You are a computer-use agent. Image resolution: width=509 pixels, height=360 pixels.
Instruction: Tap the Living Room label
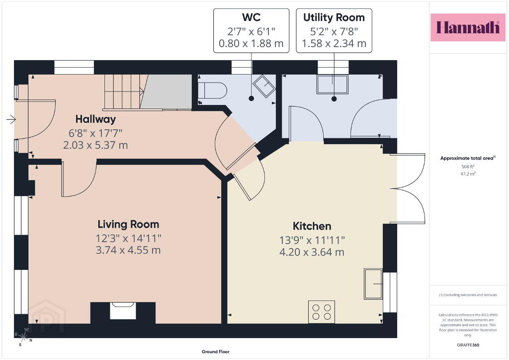pyautogui.click(x=128, y=224)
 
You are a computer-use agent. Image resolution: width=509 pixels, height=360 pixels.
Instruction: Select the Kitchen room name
pyautogui.click(x=312, y=226)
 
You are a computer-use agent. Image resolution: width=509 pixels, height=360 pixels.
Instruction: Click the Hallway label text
pyautogui.click(x=95, y=119)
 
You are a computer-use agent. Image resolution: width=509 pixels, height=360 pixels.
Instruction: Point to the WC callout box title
pyautogui.click(x=251, y=17)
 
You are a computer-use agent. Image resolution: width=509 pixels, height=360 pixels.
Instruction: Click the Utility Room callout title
pyautogui.click(x=334, y=17)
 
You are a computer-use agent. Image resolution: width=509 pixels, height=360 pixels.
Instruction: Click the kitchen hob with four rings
pyautogui.click(x=322, y=312)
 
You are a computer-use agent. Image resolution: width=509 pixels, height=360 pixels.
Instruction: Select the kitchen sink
pyautogui.click(x=373, y=284)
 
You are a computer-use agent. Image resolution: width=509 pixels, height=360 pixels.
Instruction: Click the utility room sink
pyautogui.click(x=333, y=84)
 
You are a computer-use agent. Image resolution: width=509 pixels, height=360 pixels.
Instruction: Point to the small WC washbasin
pyautogui.click(x=264, y=86)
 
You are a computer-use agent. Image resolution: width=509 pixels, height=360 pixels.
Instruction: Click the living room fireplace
pyautogui.click(x=123, y=311)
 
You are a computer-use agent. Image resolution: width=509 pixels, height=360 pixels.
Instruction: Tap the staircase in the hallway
pyautogui.click(x=124, y=91)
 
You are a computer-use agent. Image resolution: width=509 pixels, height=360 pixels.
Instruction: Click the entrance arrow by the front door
pyautogui.click(x=11, y=119)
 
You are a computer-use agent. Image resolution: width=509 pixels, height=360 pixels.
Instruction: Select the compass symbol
pyautogui.click(x=23, y=337)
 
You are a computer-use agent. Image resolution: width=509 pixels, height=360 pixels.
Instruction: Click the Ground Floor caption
pyautogui.click(x=216, y=352)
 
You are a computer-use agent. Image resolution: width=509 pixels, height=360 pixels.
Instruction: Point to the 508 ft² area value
pyautogui.click(x=468, y=167)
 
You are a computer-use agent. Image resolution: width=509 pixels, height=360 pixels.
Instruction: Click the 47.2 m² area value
pyautogui.click(x=468, y=174)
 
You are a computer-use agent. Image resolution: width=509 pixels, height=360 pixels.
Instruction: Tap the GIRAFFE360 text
pyautogui.click(x=468, y=345)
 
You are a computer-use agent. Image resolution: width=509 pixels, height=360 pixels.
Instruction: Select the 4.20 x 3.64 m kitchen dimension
pyautogui.click(x=312, y=252)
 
